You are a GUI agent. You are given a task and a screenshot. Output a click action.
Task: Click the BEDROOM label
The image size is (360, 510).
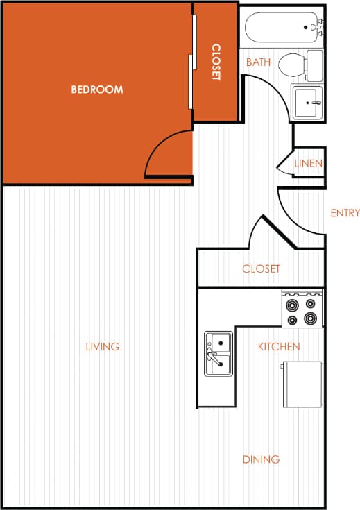[x=97, y=90]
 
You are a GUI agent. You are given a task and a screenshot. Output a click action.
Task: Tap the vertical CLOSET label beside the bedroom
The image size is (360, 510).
[x=216, y=62]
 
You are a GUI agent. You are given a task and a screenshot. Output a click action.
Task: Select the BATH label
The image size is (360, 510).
[x=258, y=62]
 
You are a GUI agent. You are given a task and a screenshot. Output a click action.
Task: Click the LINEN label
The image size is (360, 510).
[x=307, y=164]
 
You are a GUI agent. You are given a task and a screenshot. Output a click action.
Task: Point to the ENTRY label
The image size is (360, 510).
[x=345, y=213]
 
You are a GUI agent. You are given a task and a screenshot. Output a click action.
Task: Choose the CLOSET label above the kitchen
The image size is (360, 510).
[x=261, y=269]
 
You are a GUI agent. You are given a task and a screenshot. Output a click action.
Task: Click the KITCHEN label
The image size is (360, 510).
[x=279, y=346]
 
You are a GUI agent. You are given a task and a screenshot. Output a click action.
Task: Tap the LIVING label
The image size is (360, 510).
[x=103, y=346]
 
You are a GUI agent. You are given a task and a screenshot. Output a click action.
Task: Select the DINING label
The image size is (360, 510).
[x=261, y=459]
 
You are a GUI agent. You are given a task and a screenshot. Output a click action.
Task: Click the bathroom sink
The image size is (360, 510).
[x=307, y=103]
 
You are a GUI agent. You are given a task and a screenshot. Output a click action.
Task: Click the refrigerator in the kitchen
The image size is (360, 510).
[x=303, y=384]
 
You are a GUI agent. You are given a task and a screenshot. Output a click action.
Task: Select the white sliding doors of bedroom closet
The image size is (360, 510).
[x=192, y=62]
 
